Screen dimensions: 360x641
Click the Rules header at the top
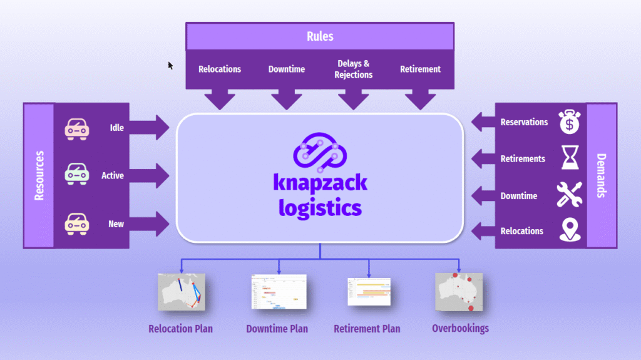[x=319, y=36]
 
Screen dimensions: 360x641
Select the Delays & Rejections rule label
[x=353, y=69]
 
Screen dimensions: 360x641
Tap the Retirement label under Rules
[x=420, y=69]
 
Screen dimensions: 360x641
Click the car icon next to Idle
[x=76, y=128]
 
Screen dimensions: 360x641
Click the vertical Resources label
[x=39, y=175]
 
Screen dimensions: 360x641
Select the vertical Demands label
[x=602, y=175]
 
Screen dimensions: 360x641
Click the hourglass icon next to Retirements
[x=570, y=158]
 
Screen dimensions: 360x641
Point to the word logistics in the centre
[x=320, y=207]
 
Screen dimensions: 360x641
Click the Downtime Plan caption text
[x=277, y=328]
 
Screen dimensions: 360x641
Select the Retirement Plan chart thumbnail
[x=369, y=292]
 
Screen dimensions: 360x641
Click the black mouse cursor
[x=170, y=65]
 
